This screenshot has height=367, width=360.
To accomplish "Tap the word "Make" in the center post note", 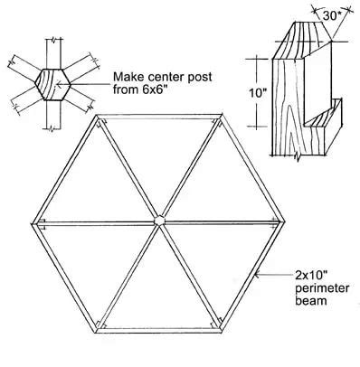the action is pyautogui.click(x=127, y=80).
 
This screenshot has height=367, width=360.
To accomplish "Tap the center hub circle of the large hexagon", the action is pyautogui.click(x=160, y=220).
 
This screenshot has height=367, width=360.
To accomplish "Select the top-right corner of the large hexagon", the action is pyautogui.click(x=218, y=116).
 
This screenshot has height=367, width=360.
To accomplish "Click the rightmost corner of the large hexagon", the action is pyautogui.click(x=280, y=217).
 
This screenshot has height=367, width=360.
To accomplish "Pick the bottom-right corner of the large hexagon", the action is pyautogui.click(x=218, y=322).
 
